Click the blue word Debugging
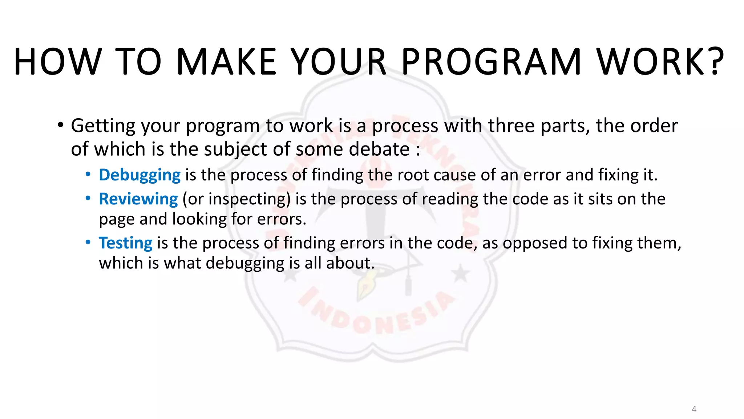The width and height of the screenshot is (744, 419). pos(139,175)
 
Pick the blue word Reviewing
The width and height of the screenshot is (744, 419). pos(138,199)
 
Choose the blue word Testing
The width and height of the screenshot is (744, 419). pos(126,243)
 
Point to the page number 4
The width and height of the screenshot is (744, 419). pos(694,409)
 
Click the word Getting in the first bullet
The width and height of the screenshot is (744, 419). pos(103,126)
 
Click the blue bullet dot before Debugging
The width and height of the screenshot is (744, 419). pos(88,175)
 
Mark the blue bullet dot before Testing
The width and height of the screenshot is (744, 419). pos(88,242)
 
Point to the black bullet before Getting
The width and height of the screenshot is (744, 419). pos(60,125)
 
